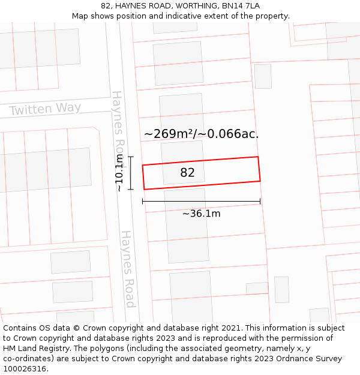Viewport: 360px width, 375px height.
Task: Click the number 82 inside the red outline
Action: (187, 173)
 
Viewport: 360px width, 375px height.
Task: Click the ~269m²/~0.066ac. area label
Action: (201, 134)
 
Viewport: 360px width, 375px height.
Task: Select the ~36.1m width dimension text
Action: (202, 214)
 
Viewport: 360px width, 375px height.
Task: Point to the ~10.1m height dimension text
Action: (119, 173)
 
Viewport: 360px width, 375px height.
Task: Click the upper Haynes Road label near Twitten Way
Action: (118, 129)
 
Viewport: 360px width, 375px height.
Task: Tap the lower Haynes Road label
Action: (128, 269)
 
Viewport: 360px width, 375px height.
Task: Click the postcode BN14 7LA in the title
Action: (241, 6)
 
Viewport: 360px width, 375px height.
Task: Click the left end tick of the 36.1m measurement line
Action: (143, 202)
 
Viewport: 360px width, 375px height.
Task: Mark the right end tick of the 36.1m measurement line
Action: (260, 202)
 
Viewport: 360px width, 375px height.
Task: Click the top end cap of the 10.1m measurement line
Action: (131, 157)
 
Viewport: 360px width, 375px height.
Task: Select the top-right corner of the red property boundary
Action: (258, 157)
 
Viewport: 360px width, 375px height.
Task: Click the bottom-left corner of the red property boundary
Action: (144, 190)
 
